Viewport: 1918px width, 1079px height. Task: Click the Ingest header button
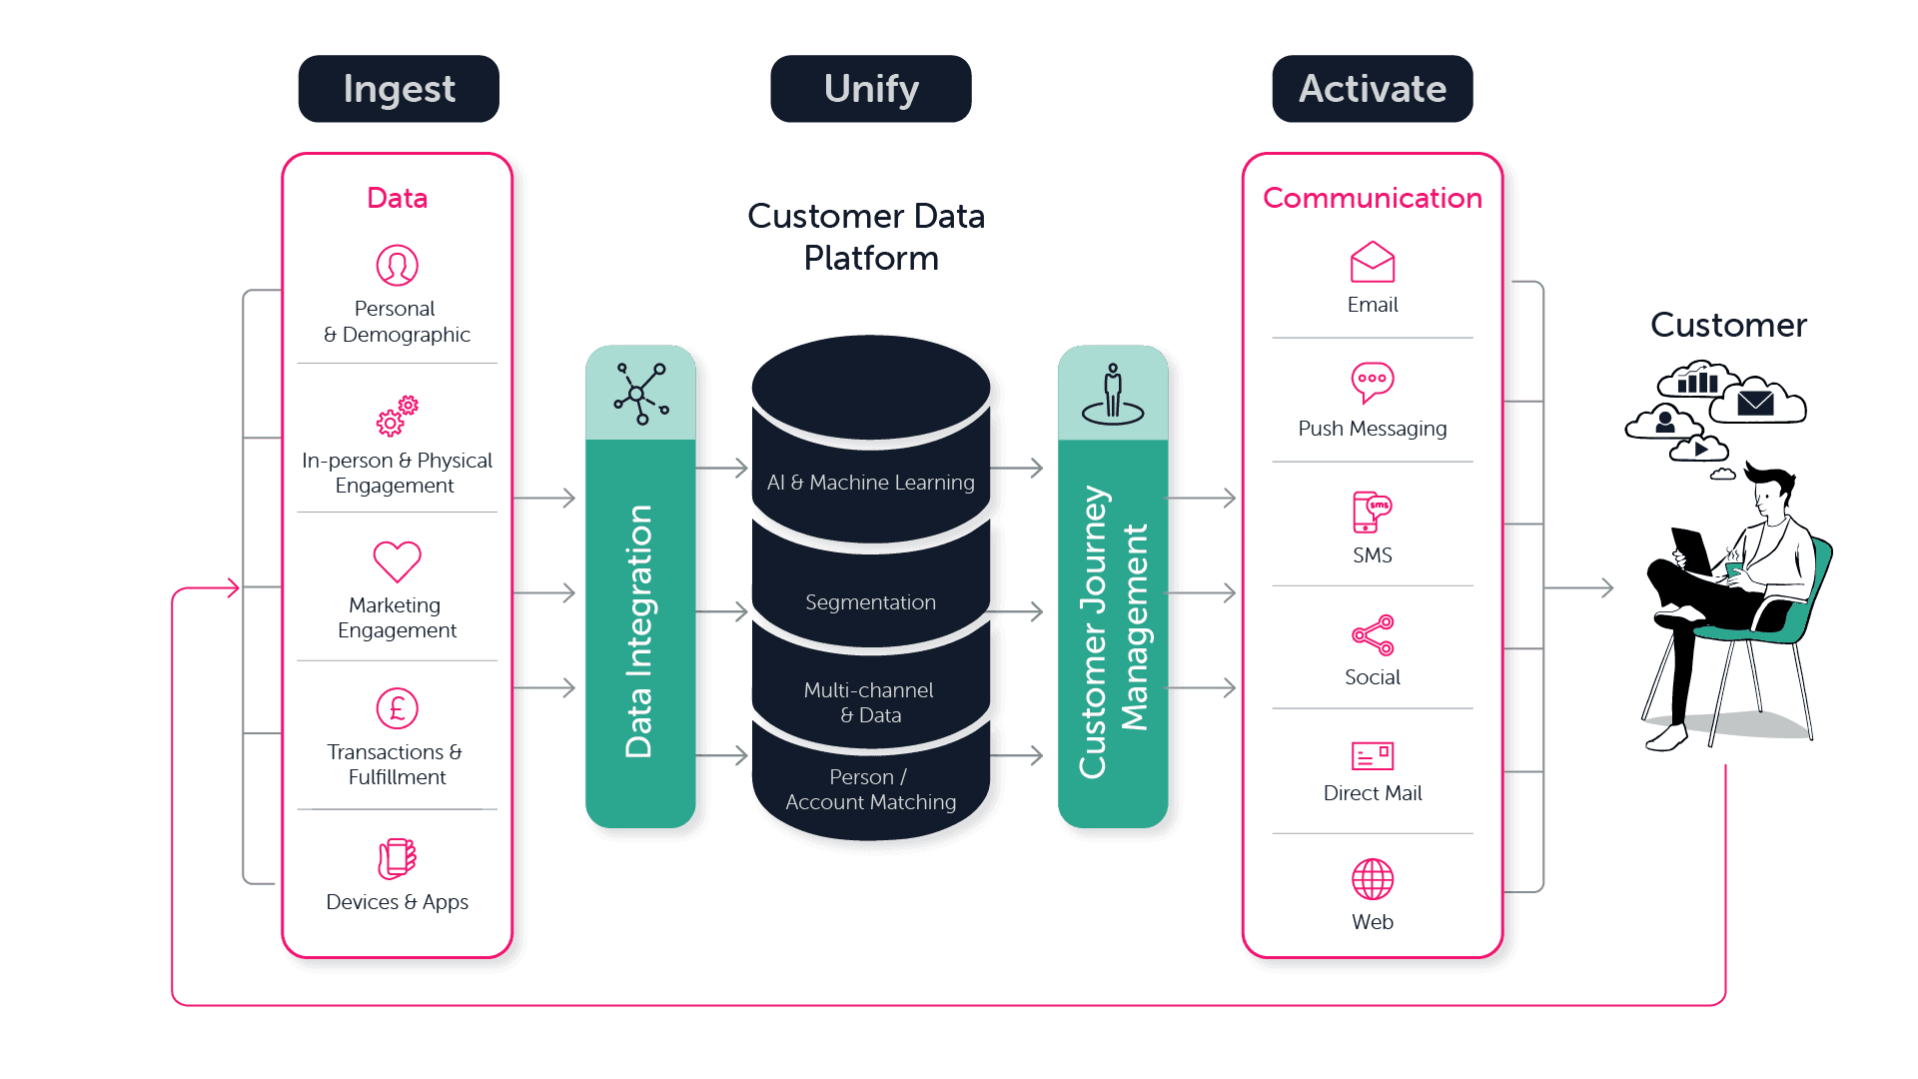coord(399,89)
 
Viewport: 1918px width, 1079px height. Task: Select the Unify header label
coord(870,89)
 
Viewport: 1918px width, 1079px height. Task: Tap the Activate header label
coord(1372,89)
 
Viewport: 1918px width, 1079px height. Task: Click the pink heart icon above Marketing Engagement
coord(397,561)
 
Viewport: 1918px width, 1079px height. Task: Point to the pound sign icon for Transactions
coord(397,708)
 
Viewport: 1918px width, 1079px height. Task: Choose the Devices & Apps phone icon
coord(397,858)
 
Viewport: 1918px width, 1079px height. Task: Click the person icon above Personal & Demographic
coord(397,266)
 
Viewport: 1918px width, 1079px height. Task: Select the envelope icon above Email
coord(1372,263)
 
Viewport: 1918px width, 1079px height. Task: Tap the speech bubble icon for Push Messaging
coord(1372,382)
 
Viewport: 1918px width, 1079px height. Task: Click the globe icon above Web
coord(1372,879)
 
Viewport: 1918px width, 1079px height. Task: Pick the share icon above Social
coord(1372,635)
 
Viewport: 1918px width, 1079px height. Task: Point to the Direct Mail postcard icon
coord(1372,756)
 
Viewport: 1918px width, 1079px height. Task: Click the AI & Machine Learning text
coord(870,483)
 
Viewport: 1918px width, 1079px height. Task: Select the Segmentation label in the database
coord(870,602)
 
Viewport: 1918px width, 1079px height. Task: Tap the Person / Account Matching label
coord(870,789)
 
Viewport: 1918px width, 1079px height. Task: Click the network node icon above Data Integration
coord(640,394)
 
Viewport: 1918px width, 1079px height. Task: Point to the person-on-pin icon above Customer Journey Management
coord(1112,395)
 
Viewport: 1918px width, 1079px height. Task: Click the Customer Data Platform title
coord(867,237)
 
